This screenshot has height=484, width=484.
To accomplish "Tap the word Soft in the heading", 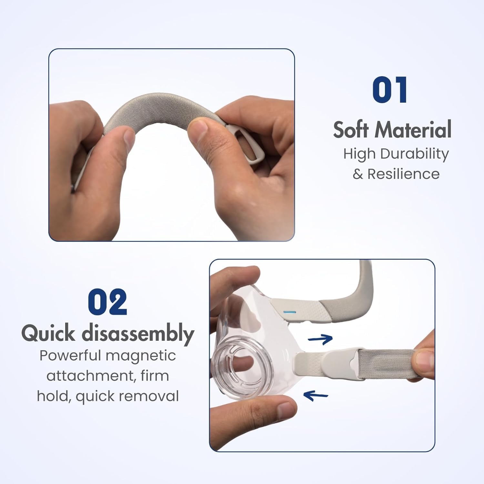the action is [x=351, y=130].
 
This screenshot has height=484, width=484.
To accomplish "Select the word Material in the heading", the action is [x=413, y=130].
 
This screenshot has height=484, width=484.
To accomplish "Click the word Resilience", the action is [x=403, y=174].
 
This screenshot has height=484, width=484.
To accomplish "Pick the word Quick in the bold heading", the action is [x=48, y=333].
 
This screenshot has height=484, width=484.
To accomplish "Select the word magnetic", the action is [x=141, y=356].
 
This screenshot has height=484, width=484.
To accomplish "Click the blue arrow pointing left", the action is [x=316, y=395].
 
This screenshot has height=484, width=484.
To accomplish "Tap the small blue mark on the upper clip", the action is [x=289, y=312].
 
